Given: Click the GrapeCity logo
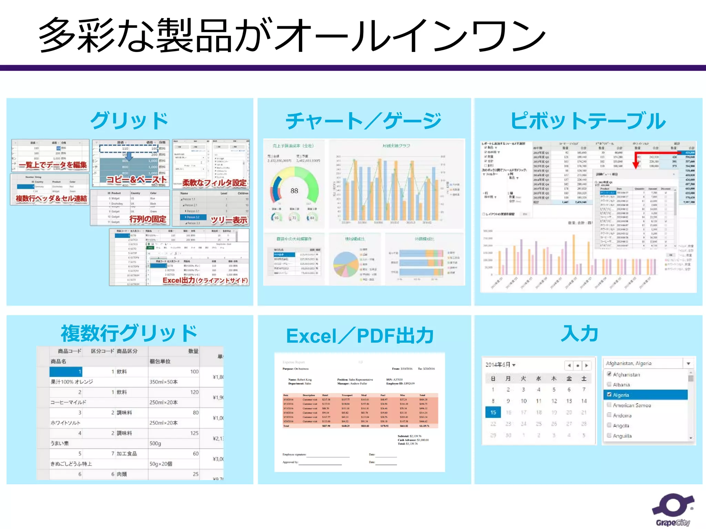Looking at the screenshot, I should pos(673,509).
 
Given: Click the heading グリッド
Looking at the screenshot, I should pos(129,121).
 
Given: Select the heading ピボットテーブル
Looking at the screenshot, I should pos(588,121).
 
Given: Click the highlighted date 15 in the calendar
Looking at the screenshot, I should pos(493,412).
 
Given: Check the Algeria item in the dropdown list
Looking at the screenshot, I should pos(609,395).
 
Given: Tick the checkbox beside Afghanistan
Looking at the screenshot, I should pos(609,374).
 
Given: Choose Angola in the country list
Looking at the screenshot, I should pos(621,426).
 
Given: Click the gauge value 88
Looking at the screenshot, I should pos(294,191).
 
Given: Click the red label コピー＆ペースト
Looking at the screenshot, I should pos(137,180).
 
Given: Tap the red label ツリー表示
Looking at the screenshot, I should pos(229,220).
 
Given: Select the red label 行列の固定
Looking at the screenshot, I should pos(148,219).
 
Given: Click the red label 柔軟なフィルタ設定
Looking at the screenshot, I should pos(214,183).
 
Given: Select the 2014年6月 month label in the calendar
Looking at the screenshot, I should pos(498,365).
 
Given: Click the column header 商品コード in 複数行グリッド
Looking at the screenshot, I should pos(70,351).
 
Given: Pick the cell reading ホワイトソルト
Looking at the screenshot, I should pos(65,423).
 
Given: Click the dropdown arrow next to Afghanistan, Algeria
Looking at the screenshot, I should pos(688,363).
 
